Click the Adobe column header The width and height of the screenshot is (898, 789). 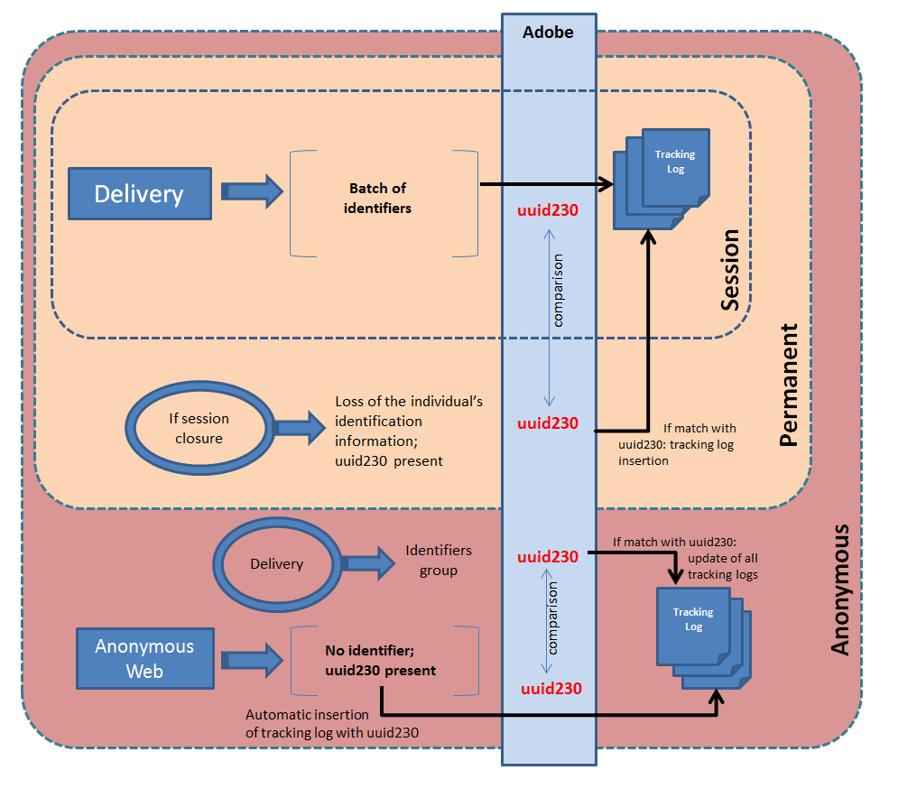[548, 33]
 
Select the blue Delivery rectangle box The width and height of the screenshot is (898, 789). [139, 193]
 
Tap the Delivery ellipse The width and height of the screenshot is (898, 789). [276, 564]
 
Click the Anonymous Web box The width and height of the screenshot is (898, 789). [144, 658]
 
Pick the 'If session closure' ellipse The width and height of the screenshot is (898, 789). [199, 429]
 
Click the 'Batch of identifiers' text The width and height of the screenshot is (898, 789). [378, 199]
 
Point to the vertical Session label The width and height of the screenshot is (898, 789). [730, 270]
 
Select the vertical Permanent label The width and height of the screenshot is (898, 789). [789, 385]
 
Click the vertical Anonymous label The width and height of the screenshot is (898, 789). [840, 589]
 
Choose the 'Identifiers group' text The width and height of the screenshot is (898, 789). [439, 560]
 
